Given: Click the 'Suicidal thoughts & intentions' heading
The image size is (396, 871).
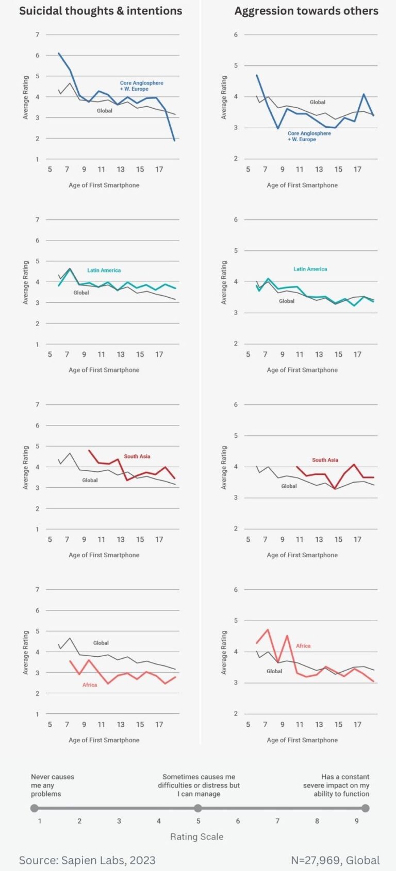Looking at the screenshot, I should coord(101,11).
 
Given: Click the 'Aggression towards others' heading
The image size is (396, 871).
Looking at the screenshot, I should coord(306,11).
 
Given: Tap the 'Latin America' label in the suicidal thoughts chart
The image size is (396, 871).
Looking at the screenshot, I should coord(104,270).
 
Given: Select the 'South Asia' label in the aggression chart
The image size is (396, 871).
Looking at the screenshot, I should coord(325,459).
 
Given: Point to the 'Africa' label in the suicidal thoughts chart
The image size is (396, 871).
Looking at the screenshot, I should coord(90,685).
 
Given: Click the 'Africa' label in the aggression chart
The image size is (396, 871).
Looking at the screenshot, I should coord(303,645).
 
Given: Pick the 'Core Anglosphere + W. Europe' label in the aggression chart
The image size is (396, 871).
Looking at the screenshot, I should coord(309,136).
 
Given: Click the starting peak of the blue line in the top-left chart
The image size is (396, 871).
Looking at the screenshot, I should coord(59,53).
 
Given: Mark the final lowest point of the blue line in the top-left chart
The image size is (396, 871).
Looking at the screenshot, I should coord(175,141).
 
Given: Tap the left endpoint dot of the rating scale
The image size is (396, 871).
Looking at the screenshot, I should coord(35,808).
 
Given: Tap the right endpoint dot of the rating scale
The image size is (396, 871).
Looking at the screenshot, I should coord(366,808).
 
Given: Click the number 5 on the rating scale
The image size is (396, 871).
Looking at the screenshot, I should coord(198,821).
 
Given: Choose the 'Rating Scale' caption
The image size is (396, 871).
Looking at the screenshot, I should coord(197,837).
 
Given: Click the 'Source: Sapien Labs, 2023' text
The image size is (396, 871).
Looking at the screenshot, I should coord(87,860).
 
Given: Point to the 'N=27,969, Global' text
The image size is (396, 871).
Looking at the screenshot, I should coord(335,860).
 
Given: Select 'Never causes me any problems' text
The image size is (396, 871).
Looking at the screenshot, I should coord(52,785).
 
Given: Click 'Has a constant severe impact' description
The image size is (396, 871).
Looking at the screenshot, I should coord(336,785).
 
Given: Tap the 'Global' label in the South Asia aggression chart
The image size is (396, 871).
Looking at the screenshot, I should coord(289,486).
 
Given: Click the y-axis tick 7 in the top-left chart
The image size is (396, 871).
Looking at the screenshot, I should coord(37,35).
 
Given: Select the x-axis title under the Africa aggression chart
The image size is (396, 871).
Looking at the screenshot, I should coord(302,740).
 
